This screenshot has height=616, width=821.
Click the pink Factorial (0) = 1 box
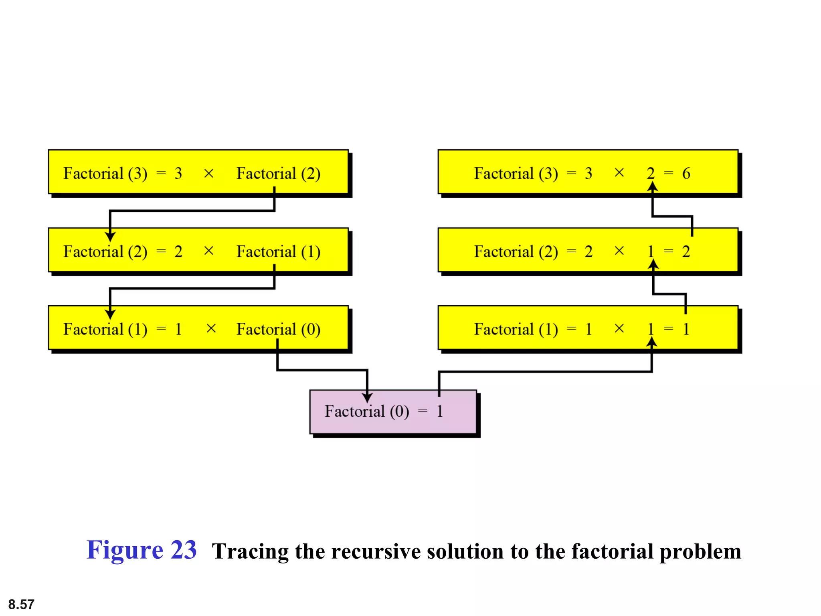pos(393,411)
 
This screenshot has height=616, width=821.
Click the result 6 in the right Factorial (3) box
pos(686,173)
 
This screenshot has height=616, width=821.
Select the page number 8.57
pos(21,604)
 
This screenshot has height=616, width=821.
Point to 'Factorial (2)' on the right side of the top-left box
pos(278,174)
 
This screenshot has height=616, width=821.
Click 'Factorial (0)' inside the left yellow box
pos(278,329)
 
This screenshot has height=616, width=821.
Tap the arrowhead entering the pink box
pos(367,397)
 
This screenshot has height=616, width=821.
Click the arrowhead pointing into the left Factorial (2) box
pos(110,236)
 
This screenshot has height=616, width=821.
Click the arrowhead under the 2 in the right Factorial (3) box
pos(653,186)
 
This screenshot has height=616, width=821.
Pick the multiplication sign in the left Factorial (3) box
pos(208,174)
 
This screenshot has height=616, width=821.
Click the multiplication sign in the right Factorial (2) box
pos(619,251)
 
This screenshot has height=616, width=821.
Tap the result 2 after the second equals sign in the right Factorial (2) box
pos(686,252)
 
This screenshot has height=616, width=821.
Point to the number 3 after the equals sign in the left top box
pos(178,174)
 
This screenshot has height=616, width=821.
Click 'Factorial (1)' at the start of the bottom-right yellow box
pos(516,329)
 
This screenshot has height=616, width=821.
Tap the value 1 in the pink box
pos(440,411)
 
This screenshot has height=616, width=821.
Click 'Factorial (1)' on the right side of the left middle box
pos(278,252)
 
